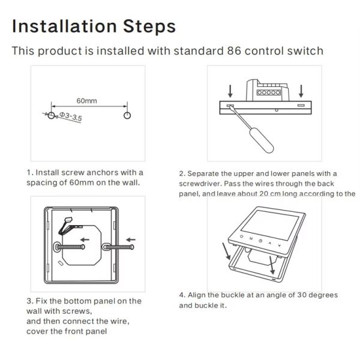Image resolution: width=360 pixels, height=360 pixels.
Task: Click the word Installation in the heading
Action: [x=64, y=26]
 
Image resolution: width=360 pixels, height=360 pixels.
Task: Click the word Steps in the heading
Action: [x=149, y=27]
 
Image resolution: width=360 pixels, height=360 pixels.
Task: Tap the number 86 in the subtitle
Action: [x=234, y=51]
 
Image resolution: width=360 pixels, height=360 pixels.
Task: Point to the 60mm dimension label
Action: [x=86, y=101]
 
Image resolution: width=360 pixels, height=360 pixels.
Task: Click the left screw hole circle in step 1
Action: [x=51, y=115]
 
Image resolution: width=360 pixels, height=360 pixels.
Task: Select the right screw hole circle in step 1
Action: [x=127, y=115]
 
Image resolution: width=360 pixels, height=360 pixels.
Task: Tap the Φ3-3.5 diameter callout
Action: [x=70, y=116]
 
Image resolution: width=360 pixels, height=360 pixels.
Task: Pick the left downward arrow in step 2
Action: [x=230, y=91]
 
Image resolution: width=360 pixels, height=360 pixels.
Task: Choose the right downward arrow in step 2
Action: [x=301, y=91]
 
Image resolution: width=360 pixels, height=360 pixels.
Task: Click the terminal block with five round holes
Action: [x=269, y=92]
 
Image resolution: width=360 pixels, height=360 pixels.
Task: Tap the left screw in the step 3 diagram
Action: [x=70, y=247]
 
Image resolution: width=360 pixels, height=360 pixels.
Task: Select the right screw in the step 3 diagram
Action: [x=118, y=247]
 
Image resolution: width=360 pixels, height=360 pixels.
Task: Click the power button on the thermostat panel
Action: [x=241, y=236]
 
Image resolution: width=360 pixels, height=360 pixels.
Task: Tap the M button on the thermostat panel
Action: [x=251, y=239]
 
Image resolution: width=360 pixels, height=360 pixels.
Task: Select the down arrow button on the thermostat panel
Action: [x=280, y=245]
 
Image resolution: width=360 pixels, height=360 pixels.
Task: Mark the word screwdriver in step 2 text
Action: [x=199, y=184]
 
